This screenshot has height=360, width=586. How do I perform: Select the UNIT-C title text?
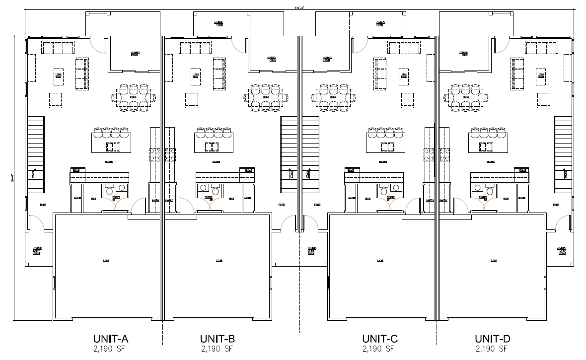[x=379, y=339]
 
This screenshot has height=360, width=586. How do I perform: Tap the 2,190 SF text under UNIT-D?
[x=492, y=349]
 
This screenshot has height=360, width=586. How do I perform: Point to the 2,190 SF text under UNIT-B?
[x=218, y=349]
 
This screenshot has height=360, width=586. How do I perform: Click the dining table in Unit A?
[x=133, y=97]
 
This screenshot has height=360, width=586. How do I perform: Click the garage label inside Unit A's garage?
[x=106, y=260]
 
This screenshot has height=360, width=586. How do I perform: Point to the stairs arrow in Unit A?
[x=34, y=174]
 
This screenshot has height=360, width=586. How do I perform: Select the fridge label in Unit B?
[x=246, y=171]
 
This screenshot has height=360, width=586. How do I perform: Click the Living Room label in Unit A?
[x=58, y=76]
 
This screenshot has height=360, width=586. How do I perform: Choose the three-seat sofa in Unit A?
[x=58, y=48]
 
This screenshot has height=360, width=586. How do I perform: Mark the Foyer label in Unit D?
[x=555, y=204]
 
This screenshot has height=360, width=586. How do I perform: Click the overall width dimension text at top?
[x=298, y=7]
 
